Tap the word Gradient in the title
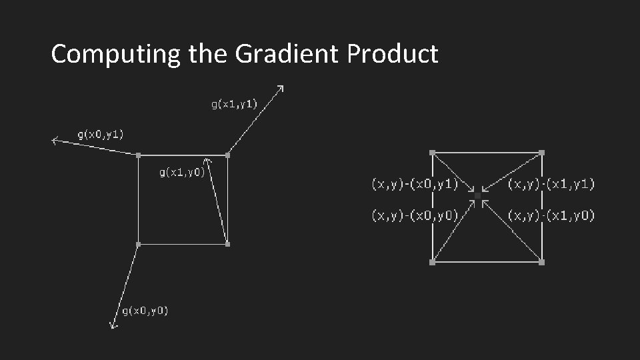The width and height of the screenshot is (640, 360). click(x=288, y=53)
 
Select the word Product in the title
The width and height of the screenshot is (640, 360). click(x=393, y=53)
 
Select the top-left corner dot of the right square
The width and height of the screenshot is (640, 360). click(x=433, y=153)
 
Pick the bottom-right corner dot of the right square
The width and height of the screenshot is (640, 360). click(x=541, y=263)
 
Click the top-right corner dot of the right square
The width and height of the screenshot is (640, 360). click(x=541, y=153)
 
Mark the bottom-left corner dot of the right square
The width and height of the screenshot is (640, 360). click(x=433, y=263)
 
